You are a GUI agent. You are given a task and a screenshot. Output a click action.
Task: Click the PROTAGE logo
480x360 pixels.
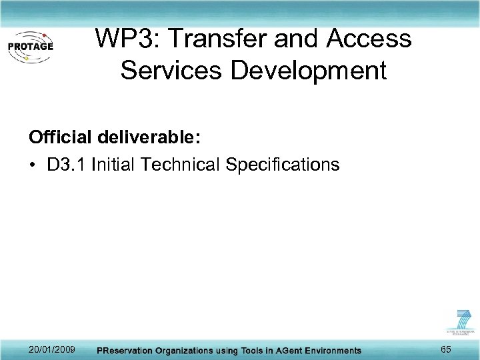click(x=30, y=47)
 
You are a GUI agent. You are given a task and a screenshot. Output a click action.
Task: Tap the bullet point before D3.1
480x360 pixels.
click(x=33, y=164)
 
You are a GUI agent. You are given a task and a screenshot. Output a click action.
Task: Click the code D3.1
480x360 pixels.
click(x=67, y=164)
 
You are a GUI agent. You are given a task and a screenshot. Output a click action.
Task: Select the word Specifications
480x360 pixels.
click(x=283, y=164)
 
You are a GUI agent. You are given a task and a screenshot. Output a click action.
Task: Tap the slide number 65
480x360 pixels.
click(x=445, y=349)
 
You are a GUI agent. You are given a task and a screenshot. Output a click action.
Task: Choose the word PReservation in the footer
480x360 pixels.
click(x=127, y=351)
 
